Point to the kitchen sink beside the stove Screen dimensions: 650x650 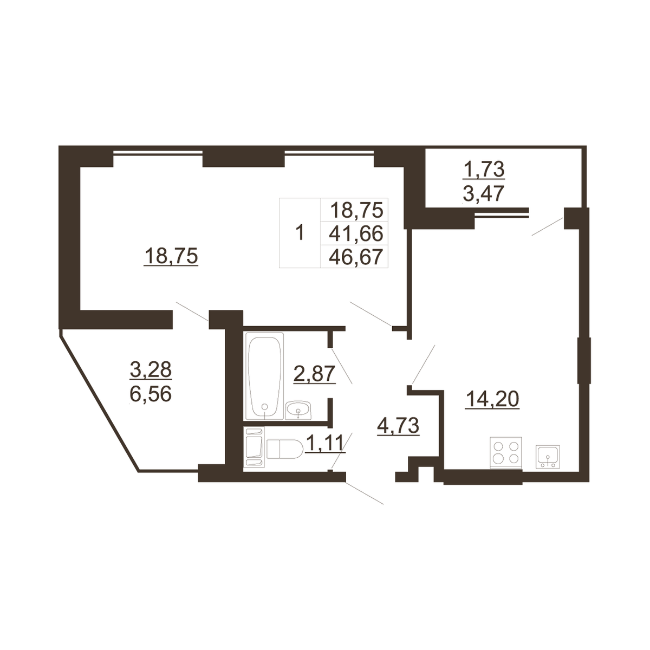[x=548, y=457]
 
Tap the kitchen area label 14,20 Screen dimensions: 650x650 [x=492, y=399]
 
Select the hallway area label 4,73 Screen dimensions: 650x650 [x=398, y=426]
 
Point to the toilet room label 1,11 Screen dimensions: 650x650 [x=324, y=443]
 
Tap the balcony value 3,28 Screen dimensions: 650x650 [x=151, y=369]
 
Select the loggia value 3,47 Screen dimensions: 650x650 [x=483, y=193]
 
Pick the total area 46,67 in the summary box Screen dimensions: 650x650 [x=356, y=257]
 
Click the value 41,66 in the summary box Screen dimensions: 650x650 [x=356, y=233]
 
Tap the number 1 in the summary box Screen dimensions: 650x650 [x=300, y=233]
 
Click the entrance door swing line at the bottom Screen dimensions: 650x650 [x=365, y=493]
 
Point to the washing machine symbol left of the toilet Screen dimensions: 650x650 [x=255, y=447]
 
